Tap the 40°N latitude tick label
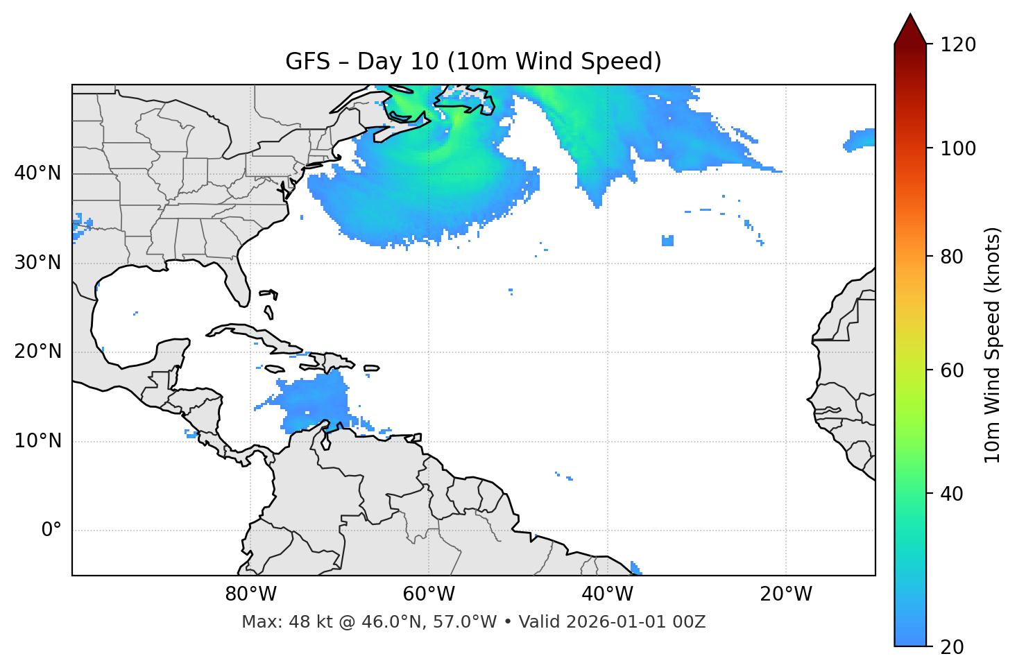point(37,173)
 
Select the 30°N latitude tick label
point(37,263)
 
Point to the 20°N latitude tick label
point(37,352)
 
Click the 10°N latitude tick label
point(37,441)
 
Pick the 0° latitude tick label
point(51,531)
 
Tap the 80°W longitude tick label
point(250,594)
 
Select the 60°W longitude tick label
point(429,594)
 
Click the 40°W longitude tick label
point(608,594)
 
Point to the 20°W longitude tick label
point(786,594)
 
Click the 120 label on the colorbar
point(958,44)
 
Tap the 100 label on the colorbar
point(958,148)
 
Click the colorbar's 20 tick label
point(952,647)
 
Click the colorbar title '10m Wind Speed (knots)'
point(993,345)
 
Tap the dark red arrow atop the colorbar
point(910,29)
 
